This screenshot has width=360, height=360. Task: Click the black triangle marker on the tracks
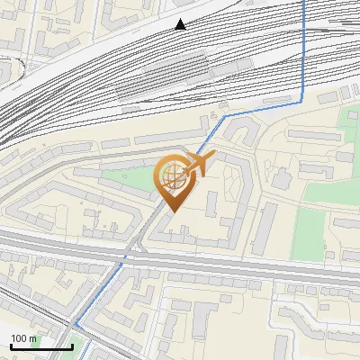(x=181, y=24)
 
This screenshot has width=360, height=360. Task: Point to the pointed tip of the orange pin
(x=171, y=212)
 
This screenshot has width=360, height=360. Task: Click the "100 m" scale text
(x=23, y=338)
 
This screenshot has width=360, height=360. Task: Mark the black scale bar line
(x=40, y=346)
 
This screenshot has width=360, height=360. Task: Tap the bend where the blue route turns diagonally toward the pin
(x=225, y=116)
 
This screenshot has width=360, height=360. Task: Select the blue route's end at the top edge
(x=304, y=3)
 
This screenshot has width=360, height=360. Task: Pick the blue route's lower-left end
(x=76, y=325)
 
